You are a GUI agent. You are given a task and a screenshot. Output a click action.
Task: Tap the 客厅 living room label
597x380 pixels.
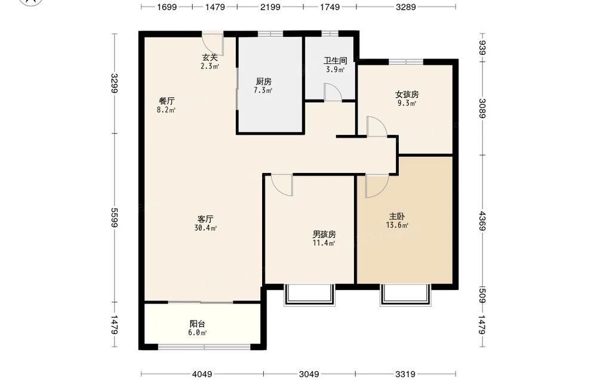click(205, 219)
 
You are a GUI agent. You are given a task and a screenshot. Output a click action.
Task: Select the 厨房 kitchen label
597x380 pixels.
click(263, 81)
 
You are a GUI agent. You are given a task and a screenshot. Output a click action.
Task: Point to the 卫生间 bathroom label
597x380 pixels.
click(335, 60)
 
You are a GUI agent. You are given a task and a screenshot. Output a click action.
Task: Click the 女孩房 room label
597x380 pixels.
click(407, 94)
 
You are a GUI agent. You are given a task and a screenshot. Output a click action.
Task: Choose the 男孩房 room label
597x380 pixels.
click(324, 234)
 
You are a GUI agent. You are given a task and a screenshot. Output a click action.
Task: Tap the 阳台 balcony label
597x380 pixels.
click(197, 324)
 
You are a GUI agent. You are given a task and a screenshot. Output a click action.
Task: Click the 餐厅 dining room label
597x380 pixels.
click(167, 101)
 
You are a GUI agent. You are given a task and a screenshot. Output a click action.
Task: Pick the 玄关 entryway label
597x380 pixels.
click(210, 57)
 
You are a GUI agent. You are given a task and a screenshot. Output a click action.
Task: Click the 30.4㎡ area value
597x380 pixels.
click(205, 228)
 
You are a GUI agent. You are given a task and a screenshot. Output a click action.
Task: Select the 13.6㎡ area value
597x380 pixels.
click(397, 225)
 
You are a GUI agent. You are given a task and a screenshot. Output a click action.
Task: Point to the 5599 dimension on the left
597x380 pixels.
click(113, 217)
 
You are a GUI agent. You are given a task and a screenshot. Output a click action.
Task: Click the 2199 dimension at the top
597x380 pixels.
click(270, 7)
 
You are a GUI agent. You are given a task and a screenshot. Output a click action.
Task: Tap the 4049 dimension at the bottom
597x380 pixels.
click(202, 374)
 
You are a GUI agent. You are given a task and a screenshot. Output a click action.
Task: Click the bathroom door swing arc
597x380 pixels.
click(333, 91)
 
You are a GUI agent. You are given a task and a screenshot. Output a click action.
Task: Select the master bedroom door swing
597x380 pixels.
click(377, 186)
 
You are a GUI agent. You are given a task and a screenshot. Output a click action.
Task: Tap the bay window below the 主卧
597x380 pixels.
click(406, 295)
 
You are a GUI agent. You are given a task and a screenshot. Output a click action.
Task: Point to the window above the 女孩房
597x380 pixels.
click(406, 61)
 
